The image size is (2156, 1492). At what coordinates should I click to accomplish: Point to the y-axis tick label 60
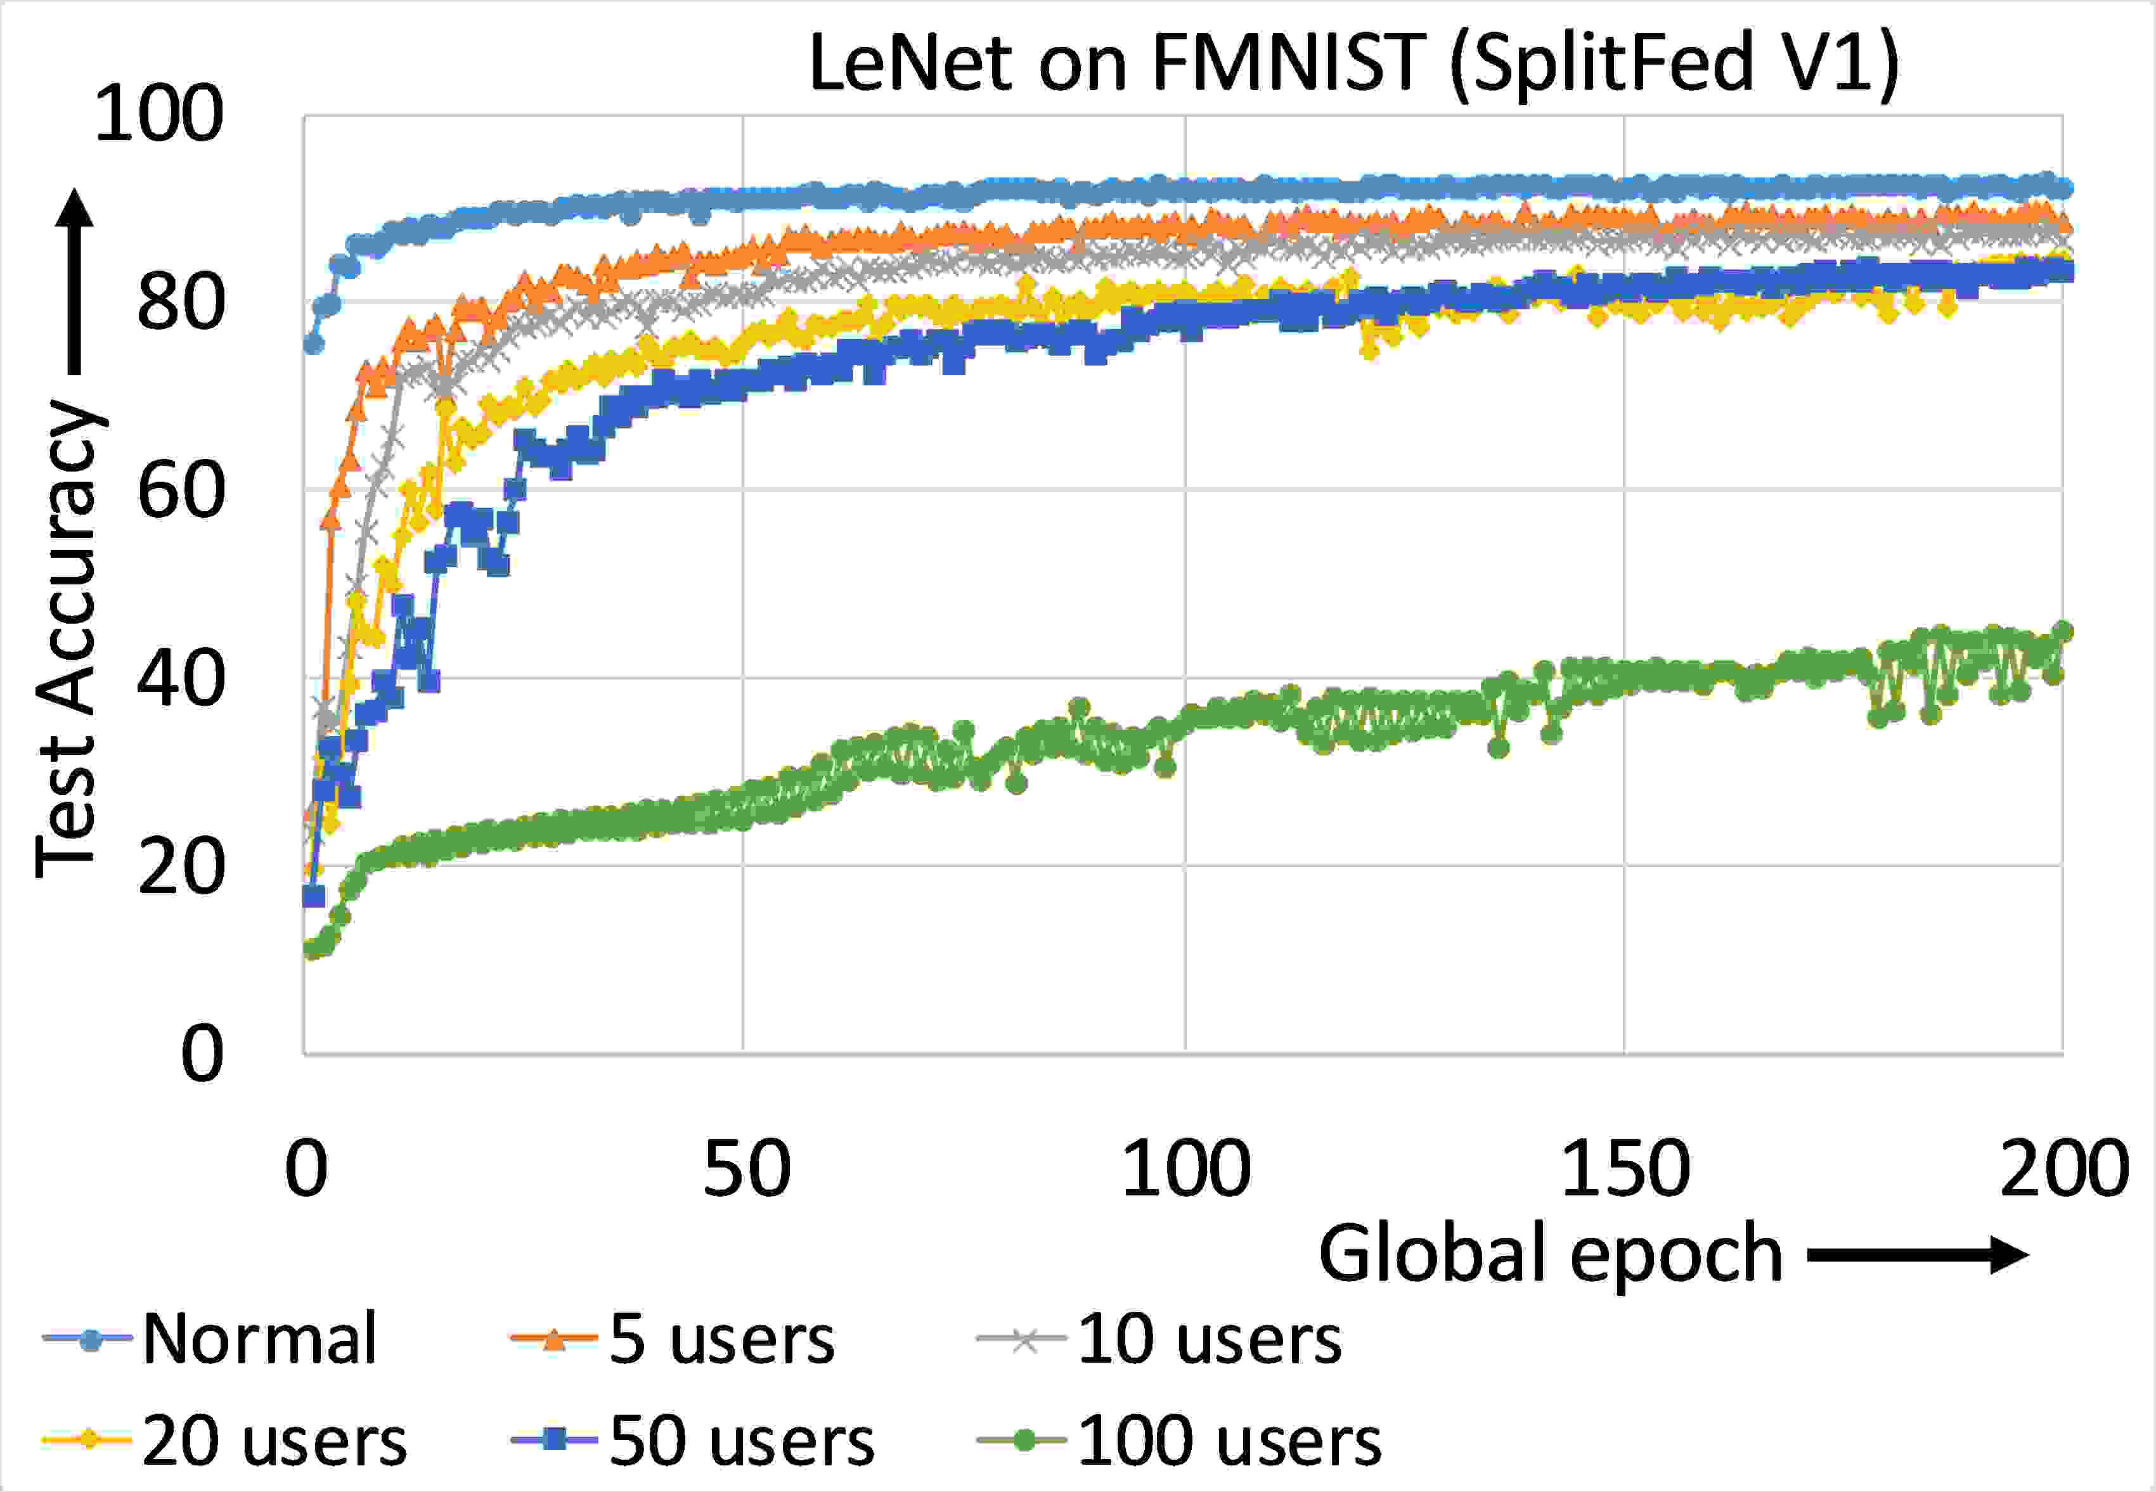(181, 491)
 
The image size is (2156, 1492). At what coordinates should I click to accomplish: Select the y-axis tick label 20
(181, 868)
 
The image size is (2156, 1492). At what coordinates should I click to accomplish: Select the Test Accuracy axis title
(67, 640)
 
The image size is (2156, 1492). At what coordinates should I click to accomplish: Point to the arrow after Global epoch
(1916, 1254)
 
